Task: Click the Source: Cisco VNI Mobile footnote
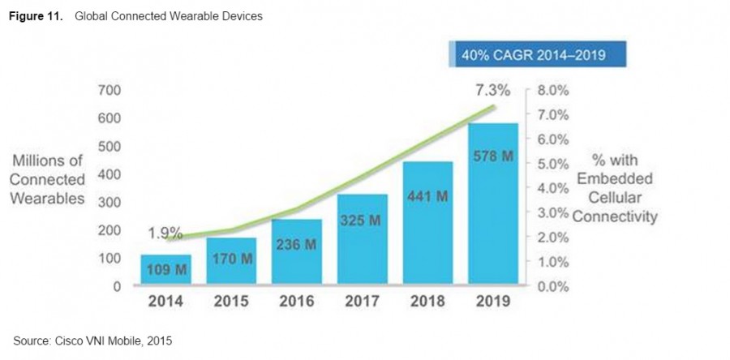point(92,341)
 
